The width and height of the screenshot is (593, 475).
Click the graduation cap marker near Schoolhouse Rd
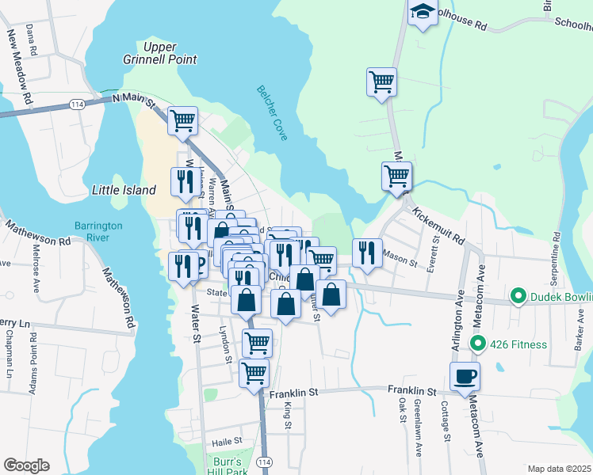tap(423, 13)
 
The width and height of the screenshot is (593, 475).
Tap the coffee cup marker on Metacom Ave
tap(465, 376)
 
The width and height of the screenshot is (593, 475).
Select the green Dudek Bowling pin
tap(518, 298)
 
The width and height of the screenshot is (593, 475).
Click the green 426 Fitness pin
tap(477, 344)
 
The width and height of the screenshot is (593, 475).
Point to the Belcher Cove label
tap(270, 113)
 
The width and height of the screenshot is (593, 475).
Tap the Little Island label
tap(124, 190)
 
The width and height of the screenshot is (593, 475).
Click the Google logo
tap(26, 465)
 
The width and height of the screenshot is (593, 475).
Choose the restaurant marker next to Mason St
tap(366, 253)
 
